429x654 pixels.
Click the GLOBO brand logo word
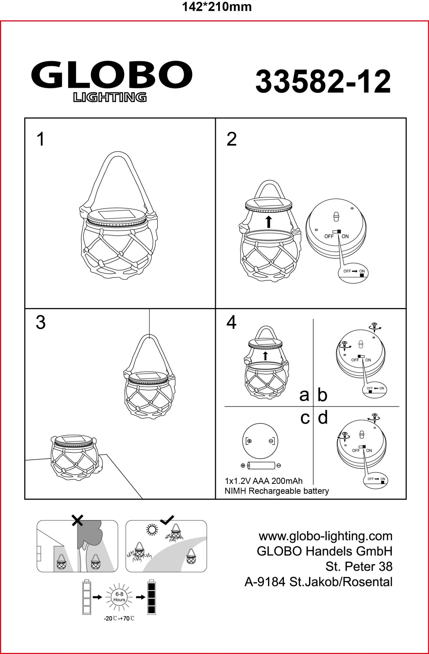[112, 74]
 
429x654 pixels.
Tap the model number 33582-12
[323, 81]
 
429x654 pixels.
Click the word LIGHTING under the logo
[110, 97]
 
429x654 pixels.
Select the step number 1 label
[41, 139]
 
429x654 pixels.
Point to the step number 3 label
[41, 322]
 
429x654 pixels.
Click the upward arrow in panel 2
[269, 222]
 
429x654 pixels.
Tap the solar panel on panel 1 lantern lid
[114, 214]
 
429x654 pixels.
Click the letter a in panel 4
[304, 395]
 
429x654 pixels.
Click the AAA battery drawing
[261, 465]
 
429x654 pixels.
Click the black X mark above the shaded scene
[77, 520]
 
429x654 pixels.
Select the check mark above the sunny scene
[167, 519]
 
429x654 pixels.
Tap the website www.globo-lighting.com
[326, 536]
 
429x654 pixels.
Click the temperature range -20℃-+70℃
[119, 619]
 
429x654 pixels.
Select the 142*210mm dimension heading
[217, 7]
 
